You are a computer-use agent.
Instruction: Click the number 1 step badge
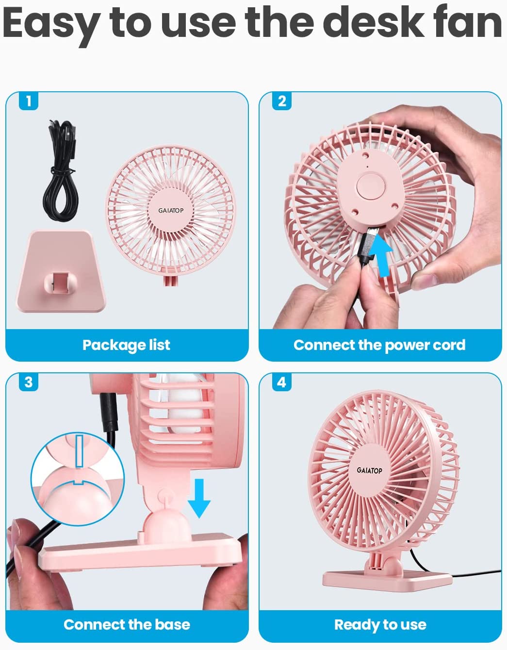[29, 101]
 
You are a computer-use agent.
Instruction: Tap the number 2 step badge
[281, 101]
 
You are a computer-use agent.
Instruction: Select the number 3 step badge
[29, 383]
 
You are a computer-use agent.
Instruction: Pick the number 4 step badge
[281, 383]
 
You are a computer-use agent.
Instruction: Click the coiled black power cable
[61, 170]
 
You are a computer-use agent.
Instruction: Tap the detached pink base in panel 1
[61, 271]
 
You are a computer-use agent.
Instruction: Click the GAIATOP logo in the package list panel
[171, 211]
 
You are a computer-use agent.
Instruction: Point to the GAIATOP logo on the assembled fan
[369, 470]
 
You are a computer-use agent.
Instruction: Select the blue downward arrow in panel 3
[199, 498]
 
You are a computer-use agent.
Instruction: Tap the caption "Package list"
[126, 345]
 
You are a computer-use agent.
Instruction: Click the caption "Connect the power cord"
[379, 345]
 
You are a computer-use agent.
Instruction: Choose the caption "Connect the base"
[127, 625]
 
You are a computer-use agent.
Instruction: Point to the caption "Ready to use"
[380, 625]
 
